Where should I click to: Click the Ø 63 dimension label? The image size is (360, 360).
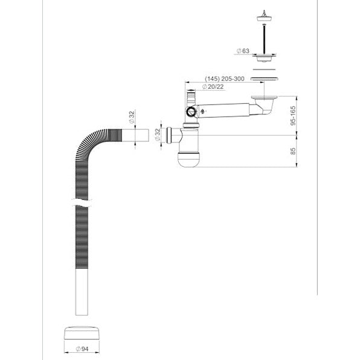pos(243,51)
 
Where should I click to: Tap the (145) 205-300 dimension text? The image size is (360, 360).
pos(225,79)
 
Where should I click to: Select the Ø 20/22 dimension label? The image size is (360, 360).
pos(213,87)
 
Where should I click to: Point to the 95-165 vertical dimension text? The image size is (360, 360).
pos(293,115)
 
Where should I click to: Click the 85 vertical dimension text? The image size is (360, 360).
pos(293,151)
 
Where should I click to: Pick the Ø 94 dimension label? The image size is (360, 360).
pos(82,349)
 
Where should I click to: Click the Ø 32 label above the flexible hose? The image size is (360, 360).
pos(132,117)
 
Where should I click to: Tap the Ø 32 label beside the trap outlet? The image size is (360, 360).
pos(157,135)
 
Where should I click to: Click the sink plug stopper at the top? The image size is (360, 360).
pos(264,16)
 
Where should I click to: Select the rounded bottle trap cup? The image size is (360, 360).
pos(189,159)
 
